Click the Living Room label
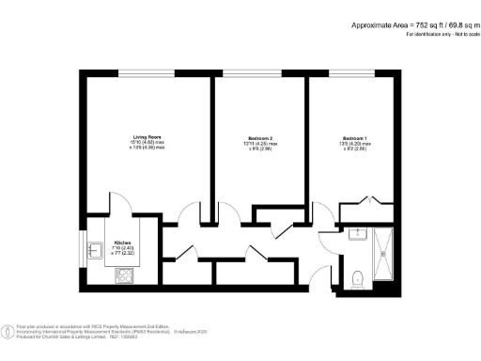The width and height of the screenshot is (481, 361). pos(146,137)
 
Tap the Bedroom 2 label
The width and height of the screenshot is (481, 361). pos(259,137)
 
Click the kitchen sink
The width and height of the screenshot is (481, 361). pos(97,251)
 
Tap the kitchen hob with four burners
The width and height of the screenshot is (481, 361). pos(123,275)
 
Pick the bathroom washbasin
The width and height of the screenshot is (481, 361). pos(359,235)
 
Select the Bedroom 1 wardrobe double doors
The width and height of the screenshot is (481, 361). pos(357,204)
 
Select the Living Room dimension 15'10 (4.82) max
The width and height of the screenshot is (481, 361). pos(146,143)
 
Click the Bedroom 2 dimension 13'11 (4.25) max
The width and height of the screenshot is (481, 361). pos(259,143)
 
